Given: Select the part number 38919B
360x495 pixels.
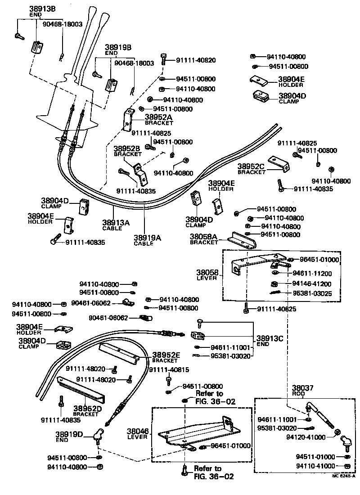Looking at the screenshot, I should [x=118, y=47].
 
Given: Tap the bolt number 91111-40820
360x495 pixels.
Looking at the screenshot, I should [x=196, y=60].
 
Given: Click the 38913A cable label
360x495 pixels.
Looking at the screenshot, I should [x=115, y=222].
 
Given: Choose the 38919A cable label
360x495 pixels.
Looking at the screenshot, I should [x=147, y=238].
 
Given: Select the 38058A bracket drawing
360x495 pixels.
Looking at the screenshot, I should [x=242, y=240].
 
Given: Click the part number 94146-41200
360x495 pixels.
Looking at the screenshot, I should [x=312, y=283].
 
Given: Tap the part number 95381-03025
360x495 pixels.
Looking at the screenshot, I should [x=312, y=293].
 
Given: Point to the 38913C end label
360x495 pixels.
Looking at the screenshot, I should [x=269, y=338].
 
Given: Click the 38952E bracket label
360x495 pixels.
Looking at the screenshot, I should [x=166, y=355].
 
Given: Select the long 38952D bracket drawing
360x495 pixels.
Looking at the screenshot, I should [x=81, y=390].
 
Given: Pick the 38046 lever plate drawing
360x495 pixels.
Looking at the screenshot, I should [x=198, y=432].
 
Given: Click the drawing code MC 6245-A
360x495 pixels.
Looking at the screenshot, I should [x=344, y=476].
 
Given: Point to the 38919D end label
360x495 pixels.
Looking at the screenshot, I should [x=69, y=434].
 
